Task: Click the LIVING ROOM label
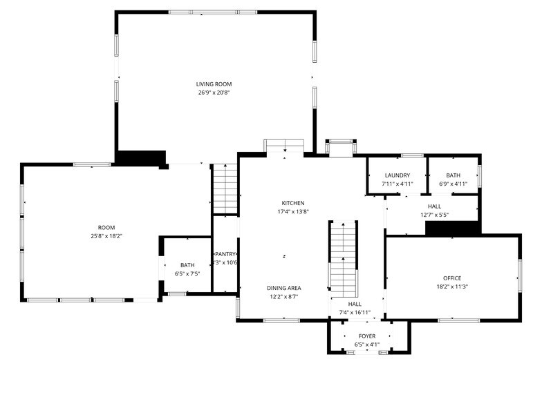click(214, 84)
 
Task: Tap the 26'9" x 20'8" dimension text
click(214, 93)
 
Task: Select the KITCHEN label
click(292, 203)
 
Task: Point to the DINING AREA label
click(284, 287)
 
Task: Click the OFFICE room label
click(452, 278)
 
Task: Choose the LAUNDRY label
click(397, 175)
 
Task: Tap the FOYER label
click(367, 336)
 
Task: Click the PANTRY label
click(225, 254)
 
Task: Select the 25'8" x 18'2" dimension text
click(106, 236)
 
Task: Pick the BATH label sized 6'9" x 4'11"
click(453, 175)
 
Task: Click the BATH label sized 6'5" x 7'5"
click(187, 265)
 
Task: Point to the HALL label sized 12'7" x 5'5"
click(434, 206)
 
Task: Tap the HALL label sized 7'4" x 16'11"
click(355, 304)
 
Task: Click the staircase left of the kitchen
click(225, 189)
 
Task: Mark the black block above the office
click(452, 228)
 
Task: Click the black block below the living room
click(140, 157)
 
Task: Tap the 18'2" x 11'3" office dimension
click(452, 287)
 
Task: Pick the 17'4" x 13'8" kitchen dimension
click(292, 211)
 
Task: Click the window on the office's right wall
click(519, 275)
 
